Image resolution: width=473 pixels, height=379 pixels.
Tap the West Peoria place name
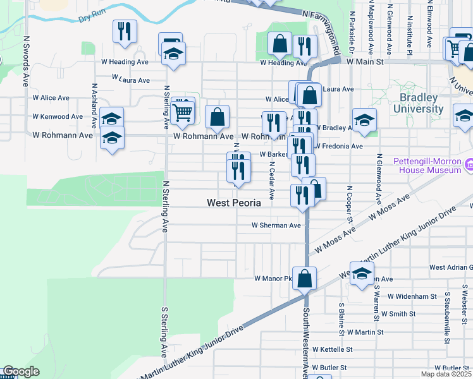(x=234, y=203)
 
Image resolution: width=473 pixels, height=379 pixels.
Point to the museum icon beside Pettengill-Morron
(x=469, y=165)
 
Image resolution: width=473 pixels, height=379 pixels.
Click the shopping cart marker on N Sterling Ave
(x=182, y=112)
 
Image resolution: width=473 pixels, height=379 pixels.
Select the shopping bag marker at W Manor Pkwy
(x=304, y=278)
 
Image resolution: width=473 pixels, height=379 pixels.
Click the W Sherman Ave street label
(x=276, y=226)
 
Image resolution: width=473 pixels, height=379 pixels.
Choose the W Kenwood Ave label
(x=58, y=117)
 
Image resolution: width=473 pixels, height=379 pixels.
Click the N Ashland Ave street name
(x=94, y=102)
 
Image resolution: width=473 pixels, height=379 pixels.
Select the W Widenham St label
(x=412, y=296)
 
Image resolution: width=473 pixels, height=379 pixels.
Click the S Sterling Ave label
(x=163, y=332)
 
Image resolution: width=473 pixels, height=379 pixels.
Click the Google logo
(x=21, y=371)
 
